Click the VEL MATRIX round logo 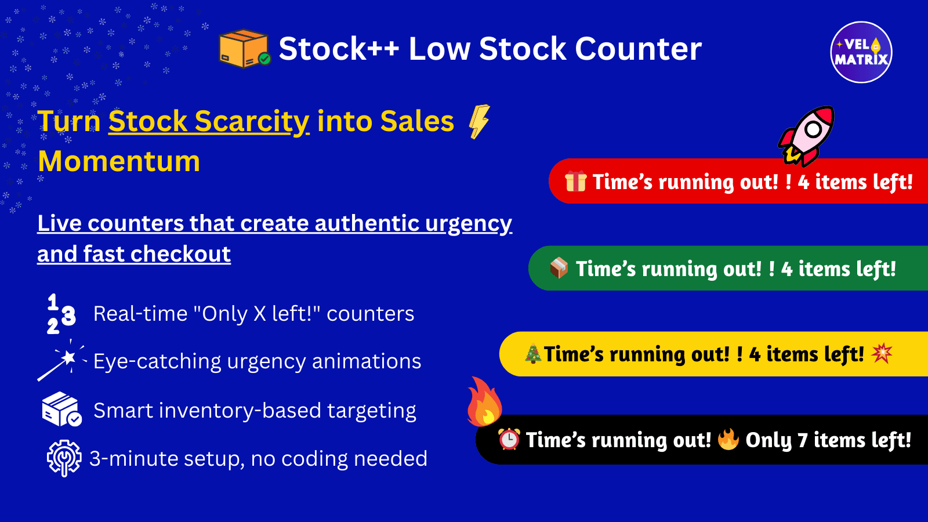(861, 52)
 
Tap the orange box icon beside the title (244, 48)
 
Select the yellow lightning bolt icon (479, 121)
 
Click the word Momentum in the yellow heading (119, 161)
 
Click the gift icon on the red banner (576, 182)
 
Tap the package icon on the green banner (559, 268)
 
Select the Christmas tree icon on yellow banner (533, 354)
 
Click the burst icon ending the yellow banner (882, 353)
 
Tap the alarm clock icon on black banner (509, 440)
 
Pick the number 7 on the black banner (803, 441)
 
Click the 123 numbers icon (61, 314)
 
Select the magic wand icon (61, 361)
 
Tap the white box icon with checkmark (61, 409)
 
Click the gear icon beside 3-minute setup (63, 458)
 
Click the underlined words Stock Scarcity (209, 122)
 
